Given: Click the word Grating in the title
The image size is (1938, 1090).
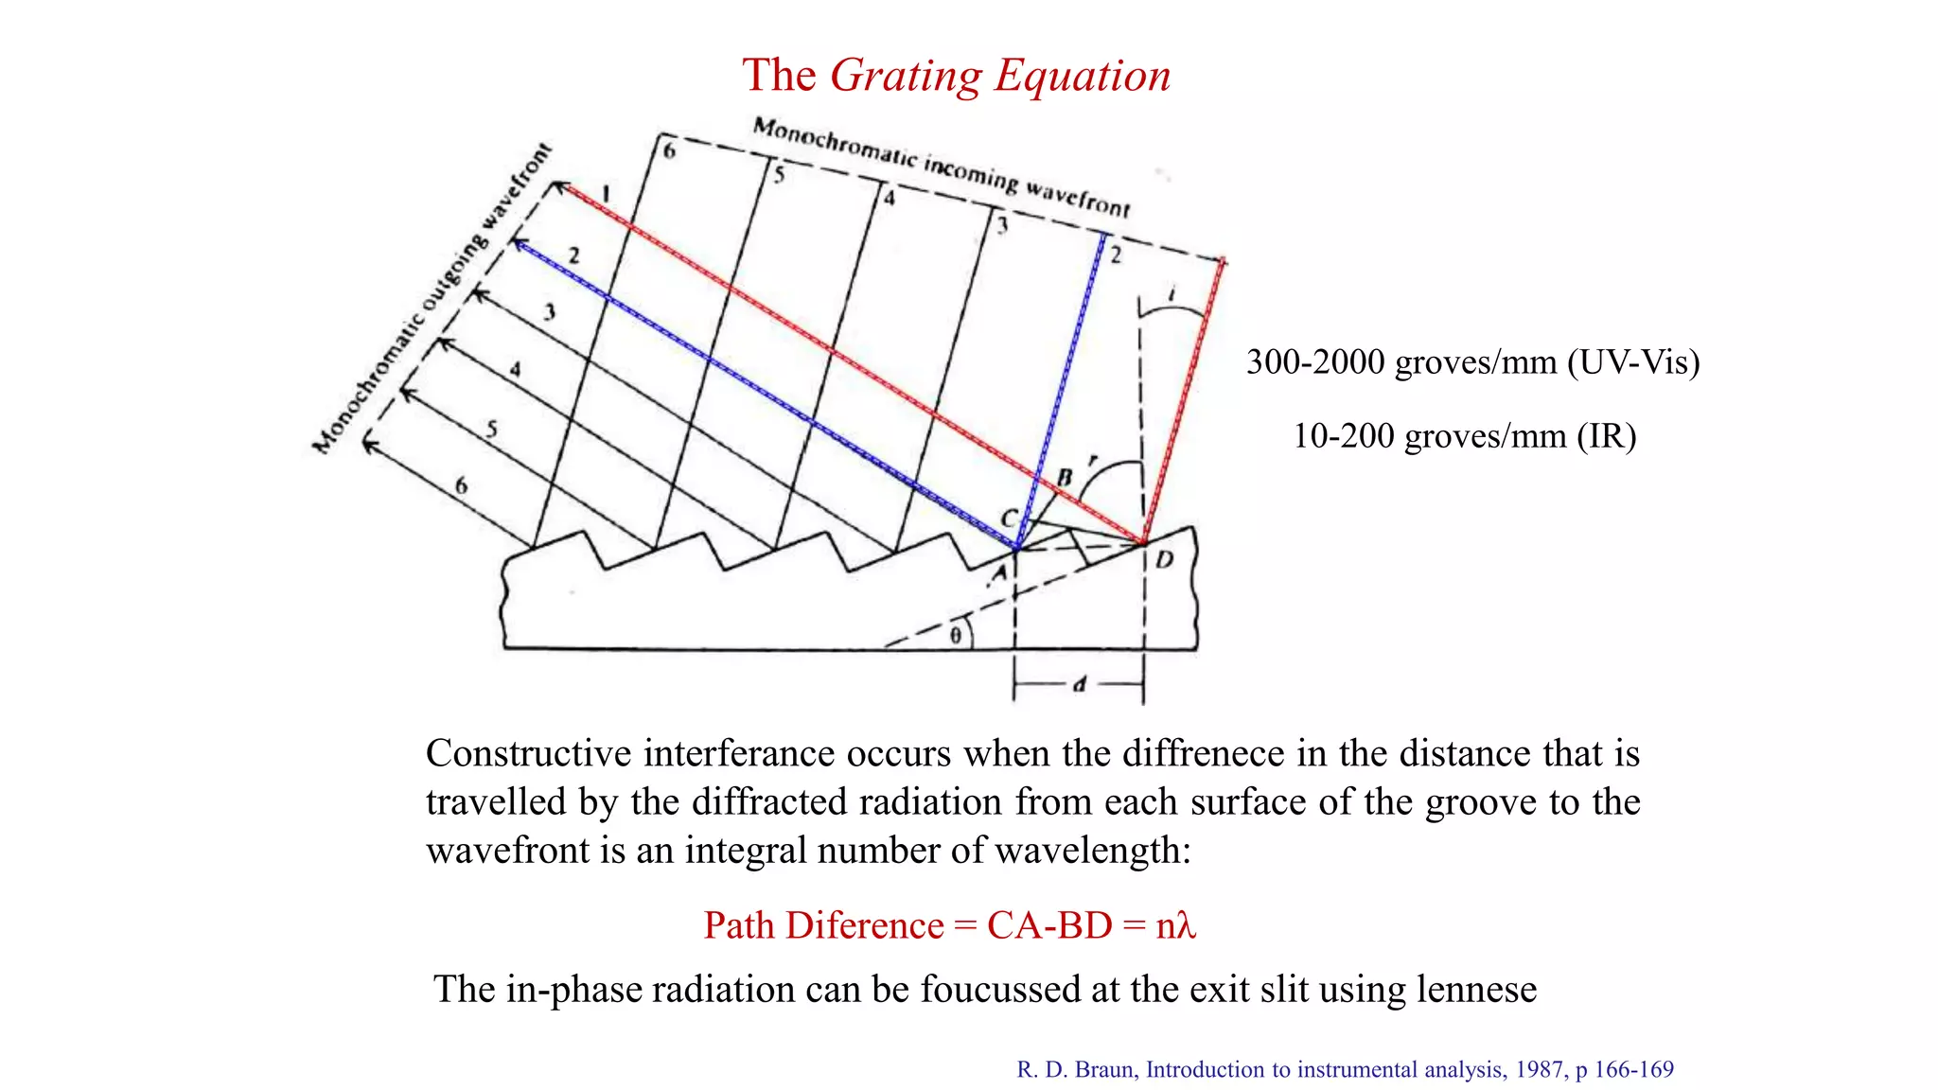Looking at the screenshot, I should point(906,76).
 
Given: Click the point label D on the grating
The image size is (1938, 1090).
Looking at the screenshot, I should point(1165,559).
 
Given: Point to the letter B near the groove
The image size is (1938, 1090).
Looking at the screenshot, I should point(1065,478).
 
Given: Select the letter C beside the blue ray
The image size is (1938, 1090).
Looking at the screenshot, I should point(1010,519).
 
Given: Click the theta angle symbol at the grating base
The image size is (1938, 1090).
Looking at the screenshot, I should point(956,636).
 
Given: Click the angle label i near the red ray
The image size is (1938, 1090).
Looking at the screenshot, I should point(1172,295).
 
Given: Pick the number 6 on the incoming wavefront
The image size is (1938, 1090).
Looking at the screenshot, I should point(669,150).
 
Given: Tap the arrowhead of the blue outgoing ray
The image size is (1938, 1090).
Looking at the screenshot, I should point(518,243).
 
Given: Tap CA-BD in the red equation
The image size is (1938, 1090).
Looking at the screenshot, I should point(1048,925).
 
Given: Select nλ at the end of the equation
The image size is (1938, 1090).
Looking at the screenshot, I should point(1176,925).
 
